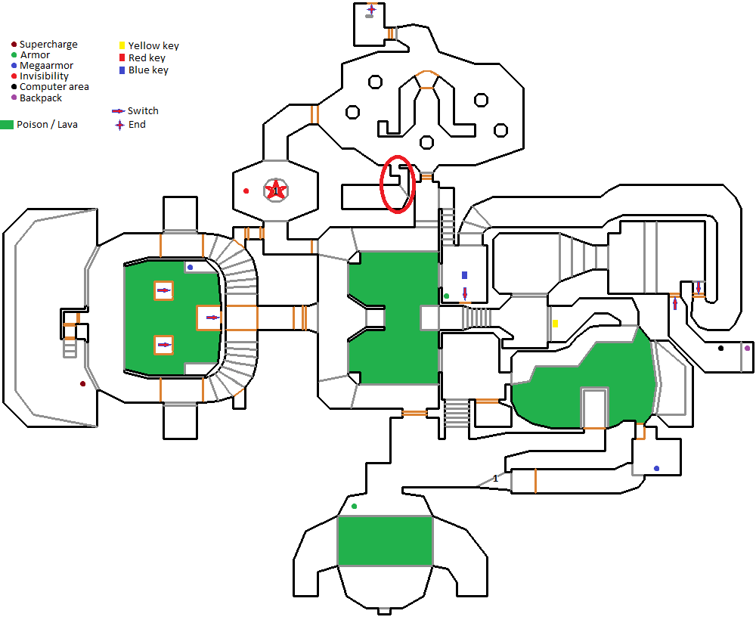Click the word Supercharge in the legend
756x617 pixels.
point(48,45)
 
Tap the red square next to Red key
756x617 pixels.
point(122,58)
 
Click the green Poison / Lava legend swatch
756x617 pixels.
point(7,125)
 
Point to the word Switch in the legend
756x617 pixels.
point(143,111)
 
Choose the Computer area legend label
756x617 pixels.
point(54,87)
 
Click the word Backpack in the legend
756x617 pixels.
point(41,98)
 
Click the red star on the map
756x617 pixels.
point(276,191)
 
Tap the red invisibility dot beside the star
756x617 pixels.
point(246,191)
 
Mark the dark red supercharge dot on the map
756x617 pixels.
point(83,384)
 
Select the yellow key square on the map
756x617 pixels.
point(556,324)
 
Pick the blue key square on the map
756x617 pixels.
point(465,275)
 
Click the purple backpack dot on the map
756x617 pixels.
point(748,348)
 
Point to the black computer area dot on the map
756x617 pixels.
point(720,348)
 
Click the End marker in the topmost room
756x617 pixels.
point(371,9)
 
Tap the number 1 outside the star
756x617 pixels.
point(495,479)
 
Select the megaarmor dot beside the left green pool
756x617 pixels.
point(190,267)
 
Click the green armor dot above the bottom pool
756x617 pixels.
point(355,506)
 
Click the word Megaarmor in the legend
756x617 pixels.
point(46,66)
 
